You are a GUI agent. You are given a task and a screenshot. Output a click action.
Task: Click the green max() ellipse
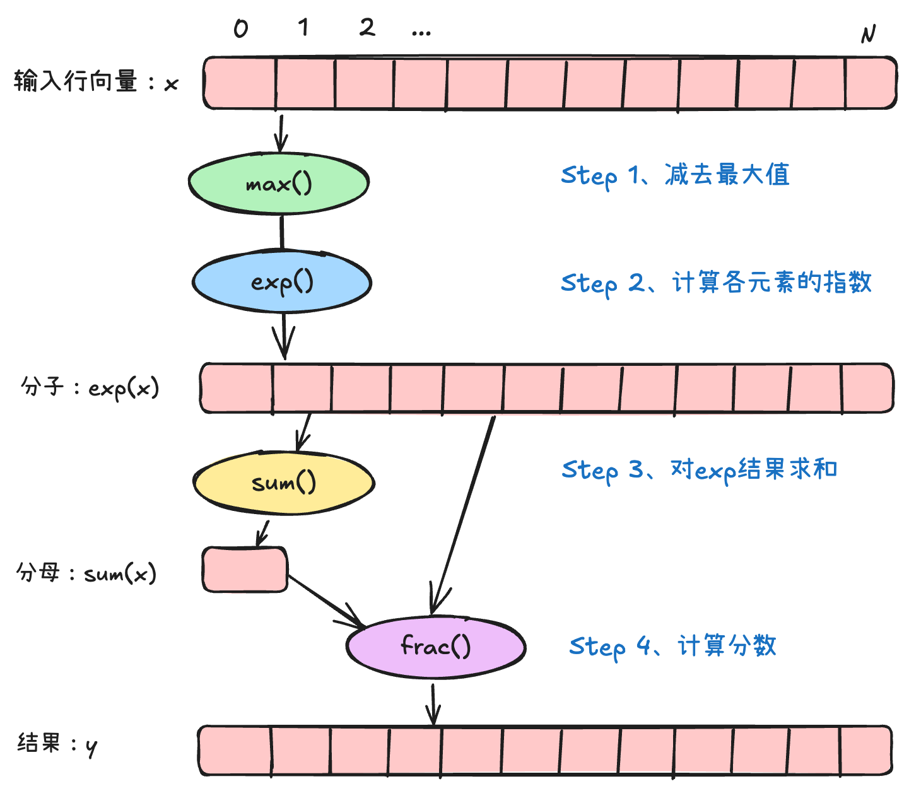[278, 183]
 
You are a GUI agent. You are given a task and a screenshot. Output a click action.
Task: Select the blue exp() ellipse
[281, 281]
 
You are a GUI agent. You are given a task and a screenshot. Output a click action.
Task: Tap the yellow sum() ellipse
[283, 483]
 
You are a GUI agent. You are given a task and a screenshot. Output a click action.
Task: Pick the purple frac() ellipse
[435, 646]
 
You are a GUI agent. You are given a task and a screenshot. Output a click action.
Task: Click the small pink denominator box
[245, 570]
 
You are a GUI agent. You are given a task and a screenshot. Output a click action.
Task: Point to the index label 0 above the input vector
[241, 28]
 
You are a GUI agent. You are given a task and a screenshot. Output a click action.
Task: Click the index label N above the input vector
[869, 34]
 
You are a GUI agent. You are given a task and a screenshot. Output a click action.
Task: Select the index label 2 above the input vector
[367, 27]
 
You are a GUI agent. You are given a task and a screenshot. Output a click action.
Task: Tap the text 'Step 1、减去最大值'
[675, 175]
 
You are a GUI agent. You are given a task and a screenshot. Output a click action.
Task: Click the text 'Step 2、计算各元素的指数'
[716, 283]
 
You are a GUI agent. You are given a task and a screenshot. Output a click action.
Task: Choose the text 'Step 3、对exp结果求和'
[699, 470]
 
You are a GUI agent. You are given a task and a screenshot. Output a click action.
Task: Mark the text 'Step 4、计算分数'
[672, 646]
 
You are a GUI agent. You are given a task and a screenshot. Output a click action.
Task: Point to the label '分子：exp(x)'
[90, 387]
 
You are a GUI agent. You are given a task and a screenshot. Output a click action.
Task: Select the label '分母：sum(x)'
[86, 573]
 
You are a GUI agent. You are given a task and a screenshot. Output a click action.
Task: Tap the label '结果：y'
[57, 744]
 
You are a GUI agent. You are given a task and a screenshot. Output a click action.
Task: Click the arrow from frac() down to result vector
[433, 703]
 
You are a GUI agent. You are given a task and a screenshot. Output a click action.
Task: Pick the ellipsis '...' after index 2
[421, 32]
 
